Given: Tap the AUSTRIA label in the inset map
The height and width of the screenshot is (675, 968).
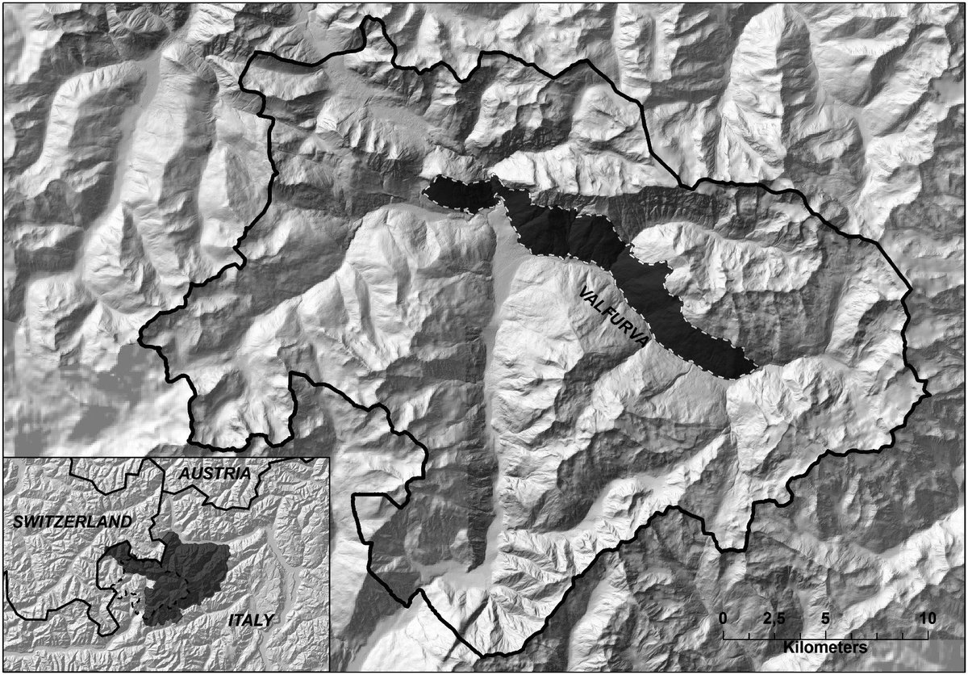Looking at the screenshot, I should point(215,473).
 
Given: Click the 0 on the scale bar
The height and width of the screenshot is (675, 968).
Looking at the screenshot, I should point(723,618).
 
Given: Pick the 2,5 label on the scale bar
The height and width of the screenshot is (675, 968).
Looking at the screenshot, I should point(774,618).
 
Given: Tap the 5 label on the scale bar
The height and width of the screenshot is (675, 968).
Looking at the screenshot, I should point(825,618).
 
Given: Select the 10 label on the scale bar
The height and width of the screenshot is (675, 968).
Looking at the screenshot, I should point(927,618).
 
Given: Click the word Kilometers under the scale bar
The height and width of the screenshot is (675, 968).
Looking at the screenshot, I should point(824,648).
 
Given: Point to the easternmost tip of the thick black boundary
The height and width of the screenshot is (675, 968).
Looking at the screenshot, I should point(929,393).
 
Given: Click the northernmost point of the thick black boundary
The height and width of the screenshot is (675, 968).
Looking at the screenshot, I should point(373,17).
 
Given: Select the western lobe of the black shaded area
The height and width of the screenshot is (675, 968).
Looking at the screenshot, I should point(456,195).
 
